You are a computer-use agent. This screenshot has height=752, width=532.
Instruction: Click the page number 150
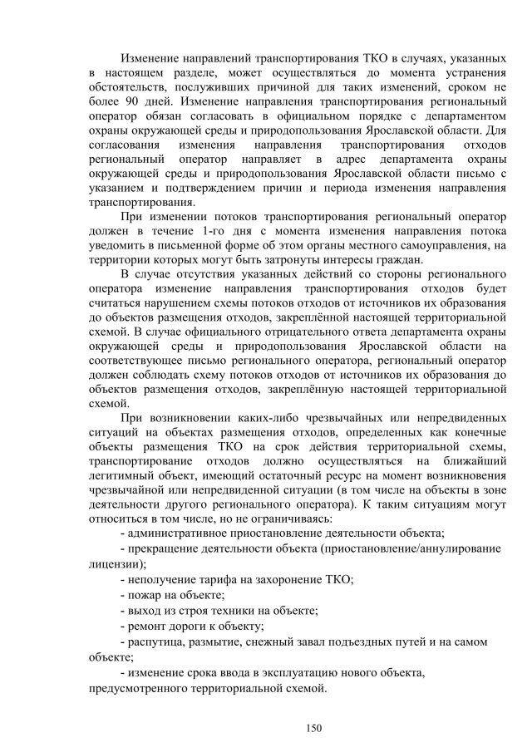click(313, 728)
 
